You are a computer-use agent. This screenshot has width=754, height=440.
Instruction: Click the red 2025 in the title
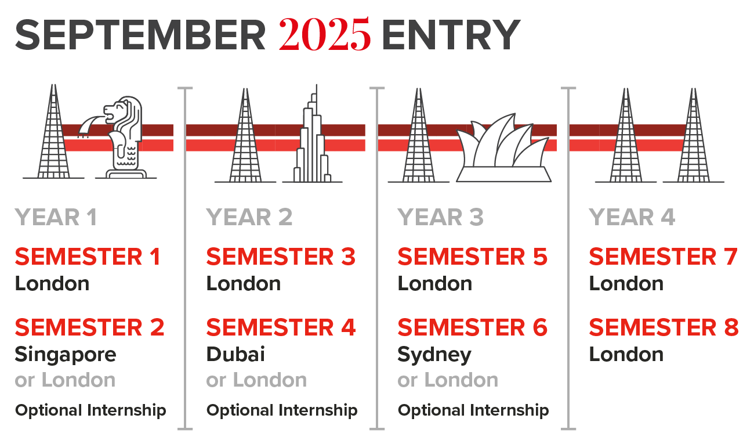(x=325, y=34)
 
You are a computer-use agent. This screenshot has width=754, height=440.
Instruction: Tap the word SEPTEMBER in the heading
(x=140, y=35)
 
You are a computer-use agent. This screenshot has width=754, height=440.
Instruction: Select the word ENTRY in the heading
(x=451, y=35)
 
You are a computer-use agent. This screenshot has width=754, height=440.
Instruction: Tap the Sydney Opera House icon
(x=503, y=147)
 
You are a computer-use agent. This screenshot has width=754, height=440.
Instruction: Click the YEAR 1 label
(x=56, y=217)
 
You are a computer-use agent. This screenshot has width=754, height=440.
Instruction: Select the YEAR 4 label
(x=632, y=217)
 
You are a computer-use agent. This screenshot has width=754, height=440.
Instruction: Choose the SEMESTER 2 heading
(x=89, y=327)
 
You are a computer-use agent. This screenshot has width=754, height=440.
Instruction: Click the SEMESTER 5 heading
(x=473, y=257)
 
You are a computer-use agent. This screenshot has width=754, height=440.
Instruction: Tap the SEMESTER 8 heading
(x=664, y=327)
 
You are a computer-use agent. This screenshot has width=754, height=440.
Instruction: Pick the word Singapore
(x=66, y=355)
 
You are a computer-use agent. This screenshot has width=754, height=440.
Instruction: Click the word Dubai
(x=235, y=354)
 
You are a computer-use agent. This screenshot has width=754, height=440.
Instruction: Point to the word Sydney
(x=434, y=355)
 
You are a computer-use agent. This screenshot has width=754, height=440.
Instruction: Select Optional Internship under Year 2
(x=282, y=411)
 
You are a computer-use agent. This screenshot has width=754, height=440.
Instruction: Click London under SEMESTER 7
(x=626, y=284)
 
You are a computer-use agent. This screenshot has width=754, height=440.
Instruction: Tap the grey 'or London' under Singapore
(x=66, y=380)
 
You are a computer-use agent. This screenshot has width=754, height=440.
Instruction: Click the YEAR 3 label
(x=441, y=217)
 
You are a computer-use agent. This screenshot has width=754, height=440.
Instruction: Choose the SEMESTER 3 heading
(x=281, y=257)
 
